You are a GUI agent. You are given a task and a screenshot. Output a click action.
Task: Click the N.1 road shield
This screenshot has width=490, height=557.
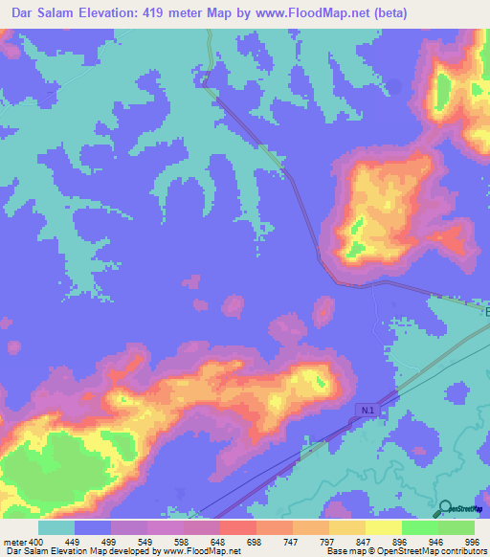pyautogui.click(x=368, y=410)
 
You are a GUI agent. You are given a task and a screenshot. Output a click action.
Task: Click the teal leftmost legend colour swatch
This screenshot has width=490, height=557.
pyautogui.click(x=56, y=527)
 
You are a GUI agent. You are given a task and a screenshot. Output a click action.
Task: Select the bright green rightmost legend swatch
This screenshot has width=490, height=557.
pyautogui.click(x=457, y=527)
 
